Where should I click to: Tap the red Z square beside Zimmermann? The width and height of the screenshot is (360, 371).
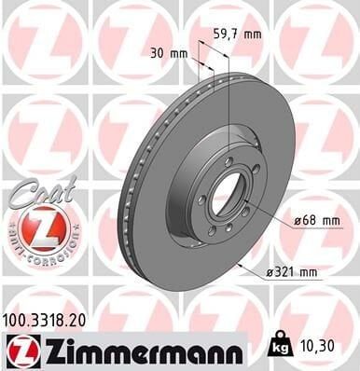(18, 349)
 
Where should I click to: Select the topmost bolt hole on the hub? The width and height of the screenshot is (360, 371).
(228, 160)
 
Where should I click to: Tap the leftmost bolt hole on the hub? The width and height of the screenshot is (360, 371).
(201, 199)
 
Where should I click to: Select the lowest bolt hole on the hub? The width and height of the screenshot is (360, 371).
(213, 229)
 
